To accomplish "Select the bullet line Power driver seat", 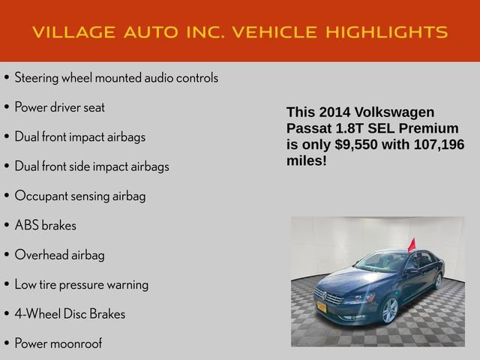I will [x=59, y=107].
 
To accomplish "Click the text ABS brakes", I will [x=45, y=225].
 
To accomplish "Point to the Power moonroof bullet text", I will [x=58, y=343].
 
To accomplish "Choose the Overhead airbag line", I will [x=59, y=255].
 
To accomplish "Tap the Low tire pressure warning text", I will [x=81, y=284].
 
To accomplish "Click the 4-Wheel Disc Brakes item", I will [x=70, y=314].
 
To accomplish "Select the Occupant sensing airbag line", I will [x=79, y=196].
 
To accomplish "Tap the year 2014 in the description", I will [x=334, y=112].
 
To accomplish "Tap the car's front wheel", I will [x=389, y=310].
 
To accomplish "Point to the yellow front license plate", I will [x=321, y=306].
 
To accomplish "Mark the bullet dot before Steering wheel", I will [x=7, y=78].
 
